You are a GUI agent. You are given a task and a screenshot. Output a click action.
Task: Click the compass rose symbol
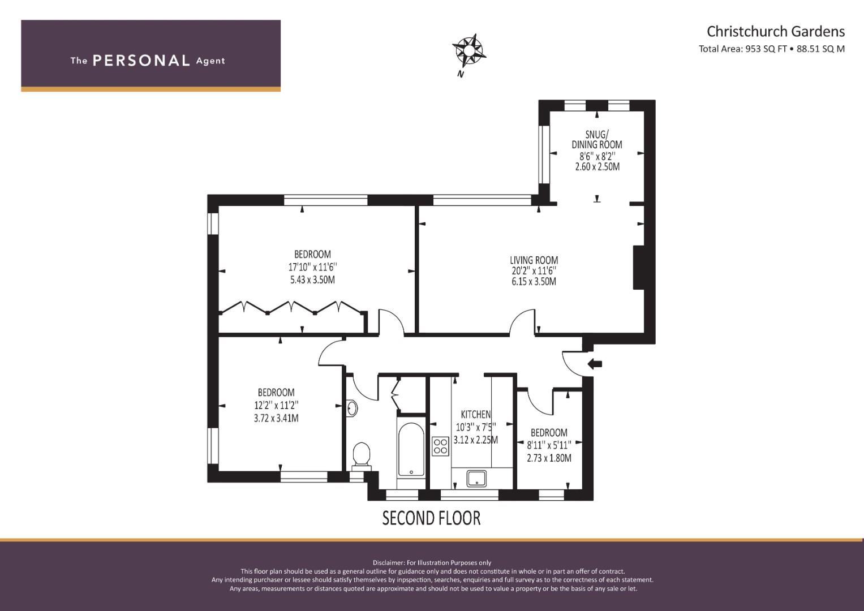pos(469,50)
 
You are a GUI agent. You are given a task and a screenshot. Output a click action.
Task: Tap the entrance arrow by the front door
pos(595,364)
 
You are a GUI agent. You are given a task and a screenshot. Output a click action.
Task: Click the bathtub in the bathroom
pos(411,450)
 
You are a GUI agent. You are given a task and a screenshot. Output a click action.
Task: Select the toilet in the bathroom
pos(361,455)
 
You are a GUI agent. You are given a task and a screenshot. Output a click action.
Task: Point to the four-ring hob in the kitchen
pos(440,446)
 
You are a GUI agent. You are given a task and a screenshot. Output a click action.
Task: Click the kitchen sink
pos(476,478)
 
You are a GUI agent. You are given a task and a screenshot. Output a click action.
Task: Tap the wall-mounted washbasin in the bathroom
pos(351,408)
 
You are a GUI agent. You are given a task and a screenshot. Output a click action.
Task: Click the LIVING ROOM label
pos(534,261)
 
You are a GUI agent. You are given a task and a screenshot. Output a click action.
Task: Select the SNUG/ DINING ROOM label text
pos(596,139)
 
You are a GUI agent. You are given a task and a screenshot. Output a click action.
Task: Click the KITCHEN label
pos(475,415)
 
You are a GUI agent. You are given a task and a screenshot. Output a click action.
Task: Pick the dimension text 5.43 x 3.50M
pos(312,280)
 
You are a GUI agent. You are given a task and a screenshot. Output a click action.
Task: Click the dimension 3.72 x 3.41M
pos(276,419)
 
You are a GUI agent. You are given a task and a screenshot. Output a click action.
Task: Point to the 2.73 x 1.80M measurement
pos(549,458)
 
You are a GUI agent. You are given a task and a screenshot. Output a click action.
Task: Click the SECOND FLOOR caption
pos(431,518)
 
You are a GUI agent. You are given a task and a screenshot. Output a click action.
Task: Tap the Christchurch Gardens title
pos(775,31)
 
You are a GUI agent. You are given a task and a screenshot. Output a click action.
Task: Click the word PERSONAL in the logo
pos(141,61)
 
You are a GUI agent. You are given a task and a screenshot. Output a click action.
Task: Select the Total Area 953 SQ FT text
pos(743,49)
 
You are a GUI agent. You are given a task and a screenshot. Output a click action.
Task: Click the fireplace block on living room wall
pos(638,268)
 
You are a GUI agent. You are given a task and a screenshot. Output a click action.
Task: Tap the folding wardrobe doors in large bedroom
pos(291,308)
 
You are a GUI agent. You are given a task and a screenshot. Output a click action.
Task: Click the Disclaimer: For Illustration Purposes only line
pos(432,563)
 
